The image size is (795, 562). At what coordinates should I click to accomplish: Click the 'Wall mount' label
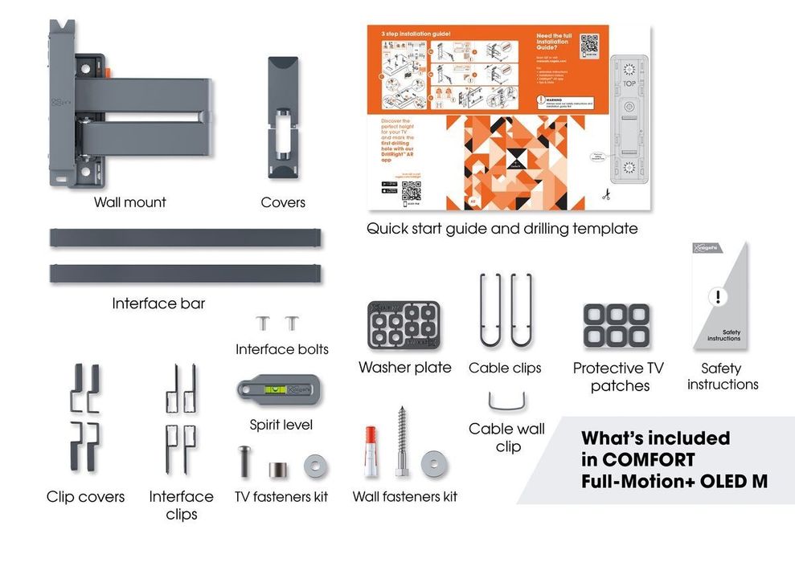point(129,202)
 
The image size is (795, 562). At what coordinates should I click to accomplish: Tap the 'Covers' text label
point(283,203)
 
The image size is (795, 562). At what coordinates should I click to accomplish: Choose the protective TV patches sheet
point(617,324)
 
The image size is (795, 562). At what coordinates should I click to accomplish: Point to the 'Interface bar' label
point(158,303)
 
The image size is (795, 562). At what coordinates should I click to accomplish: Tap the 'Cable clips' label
point(506,368)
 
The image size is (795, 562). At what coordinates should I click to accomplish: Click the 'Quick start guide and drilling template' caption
point(502,229)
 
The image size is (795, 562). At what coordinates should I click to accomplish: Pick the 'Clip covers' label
point(86,497)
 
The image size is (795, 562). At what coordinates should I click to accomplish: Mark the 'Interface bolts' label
point(282,349)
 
